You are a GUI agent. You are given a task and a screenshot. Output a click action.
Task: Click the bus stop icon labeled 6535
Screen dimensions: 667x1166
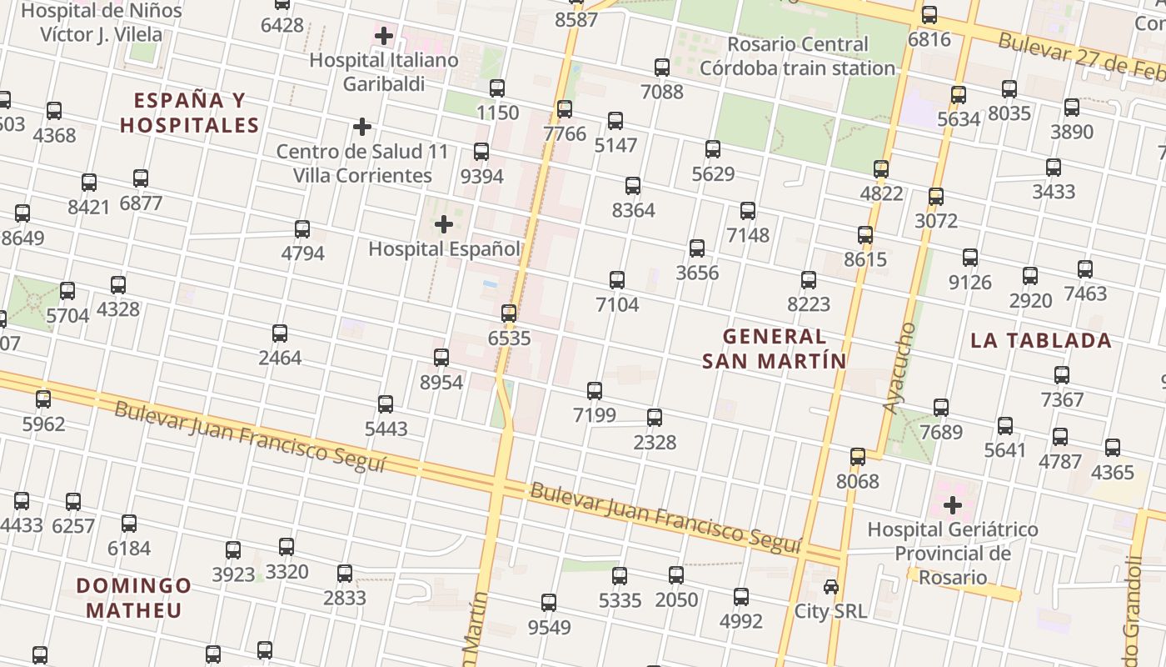tap(509, 313)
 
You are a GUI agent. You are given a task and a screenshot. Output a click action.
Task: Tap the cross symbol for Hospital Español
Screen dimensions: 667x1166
tap(444, 223)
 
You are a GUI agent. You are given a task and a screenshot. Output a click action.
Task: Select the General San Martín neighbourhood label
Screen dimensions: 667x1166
tap(774, 349)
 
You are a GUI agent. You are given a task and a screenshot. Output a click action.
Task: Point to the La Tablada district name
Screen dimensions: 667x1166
tap(1040, 340)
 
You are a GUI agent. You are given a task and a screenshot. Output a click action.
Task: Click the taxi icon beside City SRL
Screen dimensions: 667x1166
tap(830, 587)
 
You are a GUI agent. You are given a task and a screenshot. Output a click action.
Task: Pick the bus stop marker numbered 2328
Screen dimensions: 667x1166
tap(655, 417)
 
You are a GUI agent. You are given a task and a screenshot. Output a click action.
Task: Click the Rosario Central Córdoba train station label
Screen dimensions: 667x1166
tap(797, 56)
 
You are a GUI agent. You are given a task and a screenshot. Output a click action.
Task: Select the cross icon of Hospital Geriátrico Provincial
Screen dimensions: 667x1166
tap(952, 504)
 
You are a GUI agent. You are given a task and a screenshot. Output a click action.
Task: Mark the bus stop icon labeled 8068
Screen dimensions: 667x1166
tap(858, 456)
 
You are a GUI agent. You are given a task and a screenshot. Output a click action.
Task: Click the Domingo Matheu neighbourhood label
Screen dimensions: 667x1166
tap(133, 597)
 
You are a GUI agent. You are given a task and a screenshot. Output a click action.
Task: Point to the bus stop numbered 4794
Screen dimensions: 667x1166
tap(302, 228)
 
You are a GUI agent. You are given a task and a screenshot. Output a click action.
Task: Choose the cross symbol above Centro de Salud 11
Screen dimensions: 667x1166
tap(361, 127)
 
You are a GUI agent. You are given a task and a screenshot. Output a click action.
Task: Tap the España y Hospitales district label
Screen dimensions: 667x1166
tap(190, 113)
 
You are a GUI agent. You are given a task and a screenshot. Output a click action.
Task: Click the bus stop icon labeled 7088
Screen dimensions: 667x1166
tap(662, 67)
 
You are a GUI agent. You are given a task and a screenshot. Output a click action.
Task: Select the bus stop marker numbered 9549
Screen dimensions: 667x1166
tap(549, 602)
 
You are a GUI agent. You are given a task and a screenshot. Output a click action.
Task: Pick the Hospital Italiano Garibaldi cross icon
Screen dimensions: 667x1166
tap(383, 36)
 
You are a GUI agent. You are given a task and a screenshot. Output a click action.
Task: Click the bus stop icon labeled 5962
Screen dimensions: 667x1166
tap(43, 399)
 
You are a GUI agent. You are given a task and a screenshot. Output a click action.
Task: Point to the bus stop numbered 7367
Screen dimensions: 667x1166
tap(1062, 374)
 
